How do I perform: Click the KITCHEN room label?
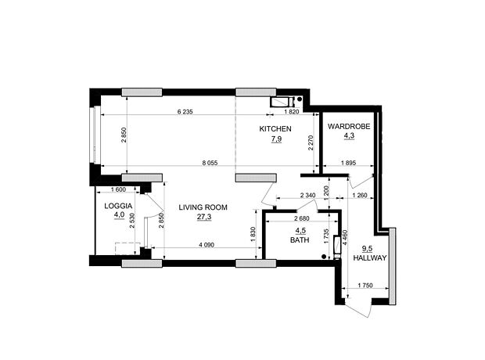pos(275,129)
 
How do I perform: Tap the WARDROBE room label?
pos(349,127)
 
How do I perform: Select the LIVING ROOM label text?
pos(203,207)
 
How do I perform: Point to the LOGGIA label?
pos(118,206)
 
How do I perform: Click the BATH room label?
pos(300,240)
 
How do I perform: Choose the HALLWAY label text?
pos(370,257)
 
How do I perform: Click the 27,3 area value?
pos(204,217)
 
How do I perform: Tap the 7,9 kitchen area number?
pos(276,139)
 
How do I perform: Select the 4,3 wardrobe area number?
pos(349,135)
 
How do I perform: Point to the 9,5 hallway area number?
pos(368,249)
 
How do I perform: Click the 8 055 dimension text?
pos(210,163)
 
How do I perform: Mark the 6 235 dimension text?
pos(185,112)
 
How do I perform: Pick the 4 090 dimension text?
pos(207,245)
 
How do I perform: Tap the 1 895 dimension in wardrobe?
pos(349,163)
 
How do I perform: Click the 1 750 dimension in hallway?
pos(365,286)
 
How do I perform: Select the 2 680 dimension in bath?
pos(302,218)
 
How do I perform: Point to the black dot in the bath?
pos(324,257)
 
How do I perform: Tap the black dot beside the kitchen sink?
pos(300,99)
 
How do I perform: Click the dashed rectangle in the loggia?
pos(128,249)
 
